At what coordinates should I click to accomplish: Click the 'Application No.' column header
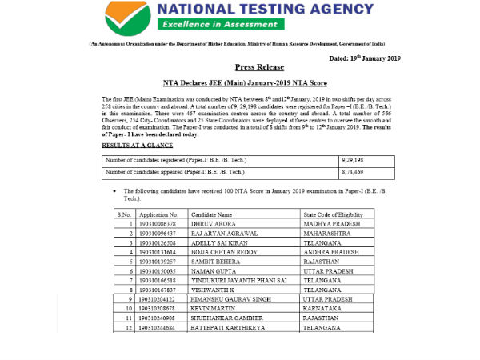click(x=158, y=215)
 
